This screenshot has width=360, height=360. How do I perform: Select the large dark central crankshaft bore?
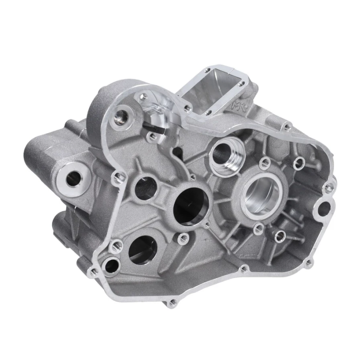coord(191,205)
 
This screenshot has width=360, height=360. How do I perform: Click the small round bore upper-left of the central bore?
coord(145,188)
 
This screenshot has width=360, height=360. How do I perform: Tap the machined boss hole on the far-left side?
coord(72,179)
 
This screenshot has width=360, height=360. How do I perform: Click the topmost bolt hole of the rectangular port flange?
coord(207,71)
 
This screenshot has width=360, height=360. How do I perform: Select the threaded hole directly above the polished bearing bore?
coord(264,162)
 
